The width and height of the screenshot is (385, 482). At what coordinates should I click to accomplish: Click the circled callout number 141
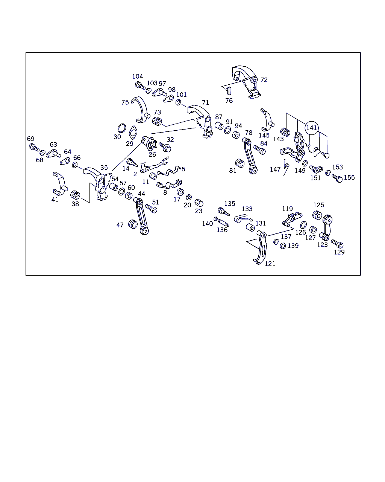click(311, 128)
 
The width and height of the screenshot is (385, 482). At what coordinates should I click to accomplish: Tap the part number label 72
click(264, 80)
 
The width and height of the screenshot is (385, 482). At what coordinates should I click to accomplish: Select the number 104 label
click(137, 76)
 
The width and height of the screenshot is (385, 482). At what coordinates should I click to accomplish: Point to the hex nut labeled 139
click(283, 246)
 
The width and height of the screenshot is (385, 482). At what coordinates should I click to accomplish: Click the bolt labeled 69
click(34, 148)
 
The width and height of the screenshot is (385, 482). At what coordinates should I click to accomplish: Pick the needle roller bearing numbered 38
click(75, 195)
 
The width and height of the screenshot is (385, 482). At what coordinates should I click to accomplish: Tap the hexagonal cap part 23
click(199, 203)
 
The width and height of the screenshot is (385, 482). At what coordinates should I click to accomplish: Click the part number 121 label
click(270, 264)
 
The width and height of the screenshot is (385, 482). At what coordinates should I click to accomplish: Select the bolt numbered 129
click(337, 244)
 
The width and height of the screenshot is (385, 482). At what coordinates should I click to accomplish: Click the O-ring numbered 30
click(122, 128)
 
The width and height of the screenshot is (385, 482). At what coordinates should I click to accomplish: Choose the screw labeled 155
click(337, 178)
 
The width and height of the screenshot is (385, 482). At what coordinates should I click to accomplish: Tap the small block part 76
click(228, 91)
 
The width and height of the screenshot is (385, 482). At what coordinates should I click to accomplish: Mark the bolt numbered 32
click(165, 147)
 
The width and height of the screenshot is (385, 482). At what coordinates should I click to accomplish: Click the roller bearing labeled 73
click(157, 121)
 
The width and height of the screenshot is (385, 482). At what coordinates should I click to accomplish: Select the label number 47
click(120, 225)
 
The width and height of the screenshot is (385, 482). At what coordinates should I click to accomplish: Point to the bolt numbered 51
click(151, 209)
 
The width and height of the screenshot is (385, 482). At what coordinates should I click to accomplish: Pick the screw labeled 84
click(259, 150)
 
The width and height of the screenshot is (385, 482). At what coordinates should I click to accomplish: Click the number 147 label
click(275, 169)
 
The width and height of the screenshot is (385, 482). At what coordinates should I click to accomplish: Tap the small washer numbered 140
click(216, 219)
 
